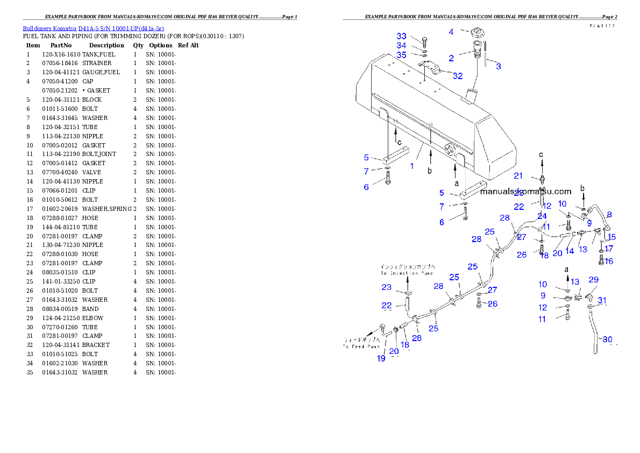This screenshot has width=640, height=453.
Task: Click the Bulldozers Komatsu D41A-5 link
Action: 93,28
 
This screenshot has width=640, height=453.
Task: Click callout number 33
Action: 402,36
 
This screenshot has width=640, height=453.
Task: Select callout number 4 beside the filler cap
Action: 451,32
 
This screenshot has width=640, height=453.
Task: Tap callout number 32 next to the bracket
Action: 457,76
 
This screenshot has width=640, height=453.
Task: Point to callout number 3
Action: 499,66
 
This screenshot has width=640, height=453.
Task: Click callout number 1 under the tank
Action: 412,166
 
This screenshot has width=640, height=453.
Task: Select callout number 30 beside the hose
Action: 607,339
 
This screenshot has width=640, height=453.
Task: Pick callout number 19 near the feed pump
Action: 381,358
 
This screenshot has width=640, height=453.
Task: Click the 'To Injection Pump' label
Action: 407,270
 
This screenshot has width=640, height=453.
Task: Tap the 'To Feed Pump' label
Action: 362,343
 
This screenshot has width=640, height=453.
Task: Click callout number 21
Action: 518,176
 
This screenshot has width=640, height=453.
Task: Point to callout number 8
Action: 609,215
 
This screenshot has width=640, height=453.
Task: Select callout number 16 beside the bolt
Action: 608,261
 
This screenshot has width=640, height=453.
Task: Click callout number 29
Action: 593,279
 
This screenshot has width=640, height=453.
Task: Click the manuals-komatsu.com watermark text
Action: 525,191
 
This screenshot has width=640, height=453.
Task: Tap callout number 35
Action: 402,55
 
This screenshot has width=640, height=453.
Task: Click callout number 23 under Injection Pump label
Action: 387,287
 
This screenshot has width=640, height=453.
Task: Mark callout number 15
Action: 611,237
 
